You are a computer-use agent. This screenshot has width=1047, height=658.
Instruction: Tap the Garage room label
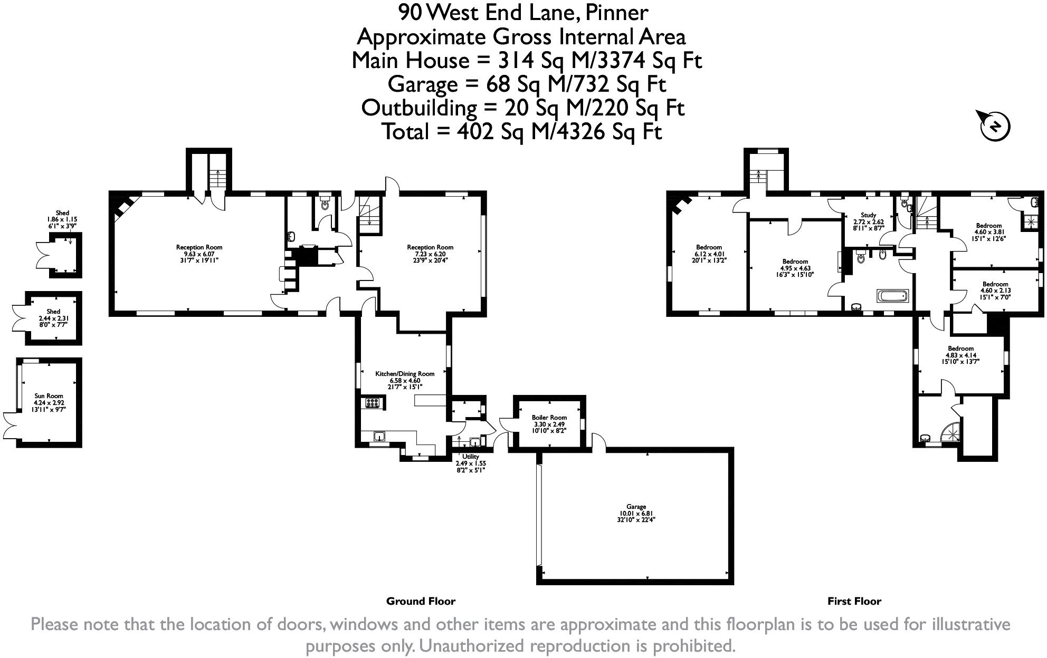636,513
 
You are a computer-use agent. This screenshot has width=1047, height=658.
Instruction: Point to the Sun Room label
49,402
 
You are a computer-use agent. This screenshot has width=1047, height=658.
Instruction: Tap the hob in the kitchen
373,403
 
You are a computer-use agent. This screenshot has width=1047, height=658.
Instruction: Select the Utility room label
471,463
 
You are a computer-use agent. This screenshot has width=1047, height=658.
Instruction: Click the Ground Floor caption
421,601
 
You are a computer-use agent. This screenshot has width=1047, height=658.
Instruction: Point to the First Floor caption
854,601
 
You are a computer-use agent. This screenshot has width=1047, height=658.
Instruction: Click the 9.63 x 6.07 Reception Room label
199,254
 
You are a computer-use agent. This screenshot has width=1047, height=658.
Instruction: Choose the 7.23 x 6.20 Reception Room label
430,254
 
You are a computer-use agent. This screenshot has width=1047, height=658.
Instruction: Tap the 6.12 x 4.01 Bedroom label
709,254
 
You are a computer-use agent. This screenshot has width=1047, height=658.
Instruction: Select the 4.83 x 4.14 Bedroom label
960,355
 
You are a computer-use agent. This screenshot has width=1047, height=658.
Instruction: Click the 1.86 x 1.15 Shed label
62,219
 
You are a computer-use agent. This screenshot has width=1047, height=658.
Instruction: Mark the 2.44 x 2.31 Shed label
53,318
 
